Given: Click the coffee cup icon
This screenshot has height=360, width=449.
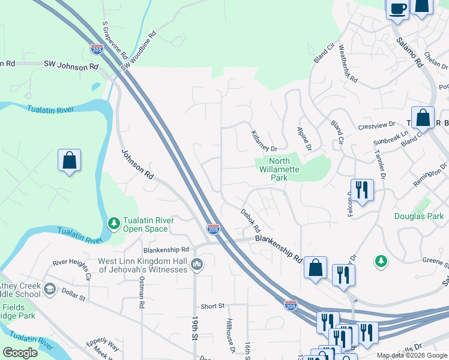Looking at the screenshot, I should coord(397,8).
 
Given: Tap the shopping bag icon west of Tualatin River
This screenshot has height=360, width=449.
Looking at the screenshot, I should coord(70,160).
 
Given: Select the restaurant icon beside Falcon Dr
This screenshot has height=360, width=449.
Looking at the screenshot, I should coord(362,190).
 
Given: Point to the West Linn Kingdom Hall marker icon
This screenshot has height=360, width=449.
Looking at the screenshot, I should coord(197,265).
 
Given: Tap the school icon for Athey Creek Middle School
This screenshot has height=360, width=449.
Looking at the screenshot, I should coord(50,290).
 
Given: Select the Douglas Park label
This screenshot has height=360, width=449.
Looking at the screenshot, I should coord(418,216).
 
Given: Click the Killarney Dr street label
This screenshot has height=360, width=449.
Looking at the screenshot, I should coord(264,141).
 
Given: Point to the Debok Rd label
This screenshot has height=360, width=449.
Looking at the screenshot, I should coord(251,221).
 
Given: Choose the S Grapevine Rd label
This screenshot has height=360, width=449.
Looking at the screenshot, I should coord(114,41).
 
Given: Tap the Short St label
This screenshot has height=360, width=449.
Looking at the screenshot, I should coord(212,306).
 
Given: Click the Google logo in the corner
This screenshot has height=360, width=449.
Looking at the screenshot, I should coord(20,353).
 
